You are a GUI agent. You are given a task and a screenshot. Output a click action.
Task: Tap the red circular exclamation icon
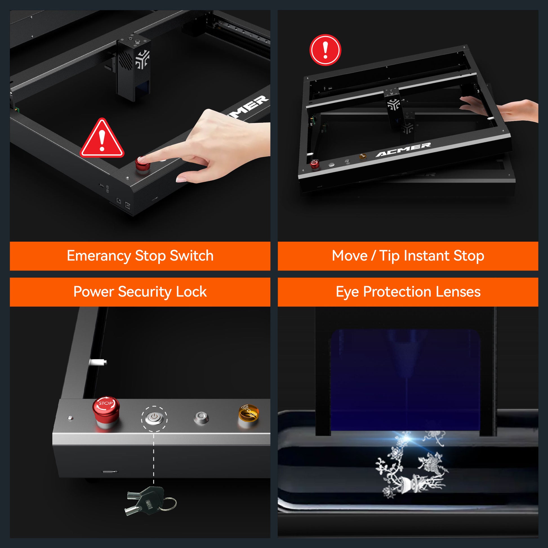point(325,50)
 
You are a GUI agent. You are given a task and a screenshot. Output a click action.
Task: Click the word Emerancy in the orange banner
point(99,256)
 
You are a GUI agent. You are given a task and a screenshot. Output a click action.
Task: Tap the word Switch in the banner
point(191,256)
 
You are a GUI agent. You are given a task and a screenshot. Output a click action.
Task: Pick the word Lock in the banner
point(191,291)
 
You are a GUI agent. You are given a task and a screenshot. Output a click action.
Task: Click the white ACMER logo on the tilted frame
point(403,150)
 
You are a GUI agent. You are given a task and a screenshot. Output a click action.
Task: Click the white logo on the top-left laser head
point(142,59)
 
